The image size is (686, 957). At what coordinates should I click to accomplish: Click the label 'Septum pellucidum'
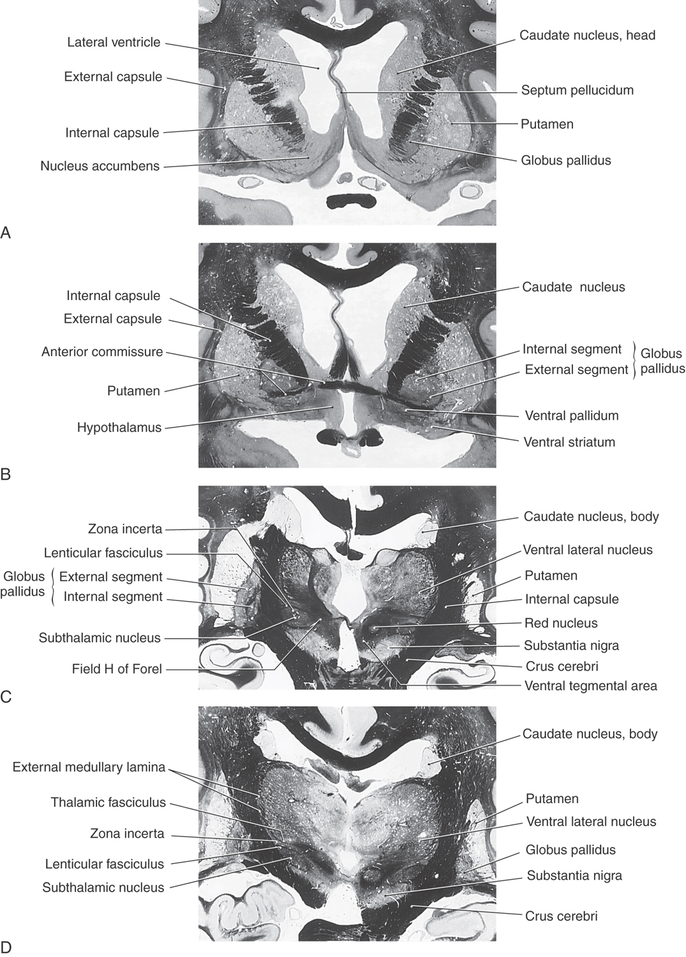pyautogui.click(x=577, y=90)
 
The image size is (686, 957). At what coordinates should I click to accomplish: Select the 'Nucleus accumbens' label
pyautogui.click(x=100, y=167)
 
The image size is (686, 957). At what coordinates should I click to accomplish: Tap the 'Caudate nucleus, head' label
pyautogui.click(x=587, y=35)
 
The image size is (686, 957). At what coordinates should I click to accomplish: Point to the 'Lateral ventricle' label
pyautogui.click(x=114, y=43)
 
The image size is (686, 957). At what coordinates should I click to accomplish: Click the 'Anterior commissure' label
pyautogui.click(x=102, y=352)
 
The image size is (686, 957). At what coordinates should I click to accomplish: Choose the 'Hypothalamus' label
pyautogui.click(x=119, y=427)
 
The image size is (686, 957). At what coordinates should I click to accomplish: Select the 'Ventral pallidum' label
pyautogui.click(x=571, y=416)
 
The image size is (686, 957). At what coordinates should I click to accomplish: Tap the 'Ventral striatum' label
pyautogui.click(x=569, y=441)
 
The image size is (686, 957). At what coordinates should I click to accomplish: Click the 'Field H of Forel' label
pyautogui.click(x=117, y=669)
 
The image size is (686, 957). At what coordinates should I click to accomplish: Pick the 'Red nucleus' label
pyautogui.click(x=560, y=623)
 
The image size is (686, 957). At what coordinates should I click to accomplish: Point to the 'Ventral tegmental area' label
pyautogui.click(x=590, y=686)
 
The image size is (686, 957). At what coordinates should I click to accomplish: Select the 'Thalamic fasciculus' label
pyautogui.click(x=108, y=803)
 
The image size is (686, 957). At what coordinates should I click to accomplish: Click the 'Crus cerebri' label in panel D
pyautogui.click(x=561, y=916)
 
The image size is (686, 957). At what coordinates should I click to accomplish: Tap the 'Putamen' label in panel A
pyautogui.click(x=547, y=124)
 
